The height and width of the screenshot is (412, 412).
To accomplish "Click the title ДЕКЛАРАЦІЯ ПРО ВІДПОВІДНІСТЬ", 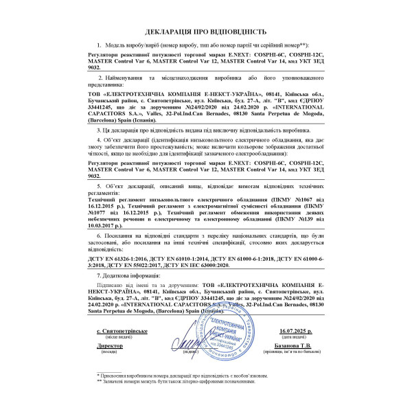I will (x=205, y=32).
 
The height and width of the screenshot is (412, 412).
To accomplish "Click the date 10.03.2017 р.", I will (x=111, y=222).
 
